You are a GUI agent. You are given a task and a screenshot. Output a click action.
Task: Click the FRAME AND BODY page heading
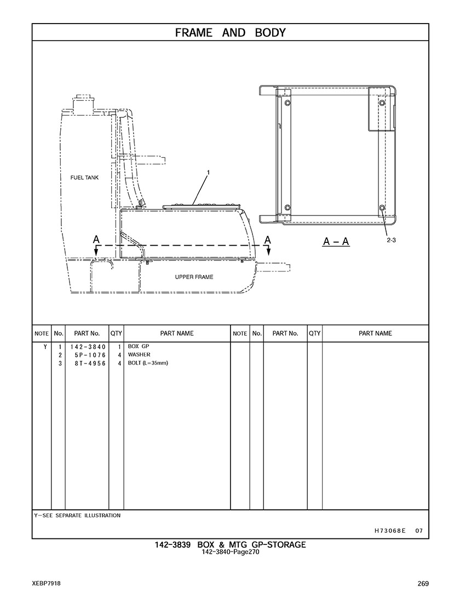point(230,33)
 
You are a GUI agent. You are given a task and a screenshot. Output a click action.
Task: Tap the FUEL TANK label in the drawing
point(84,178)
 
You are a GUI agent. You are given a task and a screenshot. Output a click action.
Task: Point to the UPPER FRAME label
point(194,277)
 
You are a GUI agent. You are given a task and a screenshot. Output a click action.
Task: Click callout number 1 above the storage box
point(208,173)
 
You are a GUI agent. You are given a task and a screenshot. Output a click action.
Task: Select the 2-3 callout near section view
point(391,240)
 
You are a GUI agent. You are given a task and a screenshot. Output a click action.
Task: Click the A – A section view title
point(336,241)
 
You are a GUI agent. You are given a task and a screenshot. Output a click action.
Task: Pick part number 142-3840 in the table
point(88,347)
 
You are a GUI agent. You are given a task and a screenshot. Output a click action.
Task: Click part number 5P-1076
point(90,355)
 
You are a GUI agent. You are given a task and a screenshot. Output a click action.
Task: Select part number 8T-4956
point(90,363)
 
